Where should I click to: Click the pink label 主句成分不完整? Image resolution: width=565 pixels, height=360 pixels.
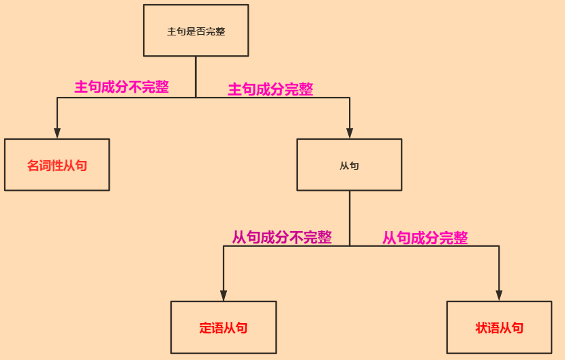121,87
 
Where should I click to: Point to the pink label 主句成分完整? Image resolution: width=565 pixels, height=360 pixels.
271,89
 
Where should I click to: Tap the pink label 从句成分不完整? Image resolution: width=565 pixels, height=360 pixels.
281,237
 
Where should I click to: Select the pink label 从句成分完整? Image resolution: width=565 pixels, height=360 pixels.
425,238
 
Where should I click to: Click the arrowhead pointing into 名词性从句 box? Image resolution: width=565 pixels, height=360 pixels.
57,133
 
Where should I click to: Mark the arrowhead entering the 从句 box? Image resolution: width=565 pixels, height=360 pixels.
350,133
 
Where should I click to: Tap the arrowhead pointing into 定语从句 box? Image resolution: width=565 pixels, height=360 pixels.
224,295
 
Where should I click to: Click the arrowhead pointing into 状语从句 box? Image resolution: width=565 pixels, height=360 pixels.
500,295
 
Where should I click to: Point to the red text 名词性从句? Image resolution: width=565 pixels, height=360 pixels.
57,166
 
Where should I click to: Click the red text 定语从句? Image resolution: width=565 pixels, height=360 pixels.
224,328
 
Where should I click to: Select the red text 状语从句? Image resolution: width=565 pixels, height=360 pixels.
500,328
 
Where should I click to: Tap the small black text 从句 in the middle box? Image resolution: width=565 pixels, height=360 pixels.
349,166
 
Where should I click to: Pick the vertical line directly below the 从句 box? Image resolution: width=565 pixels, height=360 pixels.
350,218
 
